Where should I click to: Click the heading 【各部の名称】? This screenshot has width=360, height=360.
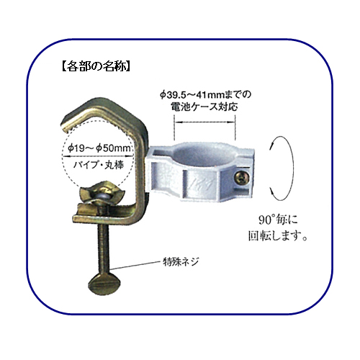coord(96,66)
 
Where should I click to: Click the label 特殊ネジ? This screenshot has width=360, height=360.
coord(181,261)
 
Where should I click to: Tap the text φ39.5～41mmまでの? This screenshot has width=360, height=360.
coord(205,94)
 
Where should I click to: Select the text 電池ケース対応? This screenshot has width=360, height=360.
coord(204,107)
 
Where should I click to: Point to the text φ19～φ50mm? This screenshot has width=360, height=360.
coord(99,148)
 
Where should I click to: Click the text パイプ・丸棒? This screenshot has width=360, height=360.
coord(99,165)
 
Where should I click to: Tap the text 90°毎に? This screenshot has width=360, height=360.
coord(278,220)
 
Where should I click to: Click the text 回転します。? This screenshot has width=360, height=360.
coord(278,235)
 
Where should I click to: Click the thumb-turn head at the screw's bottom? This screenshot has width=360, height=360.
coord(104,285)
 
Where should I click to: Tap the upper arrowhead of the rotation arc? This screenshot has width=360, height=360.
coord(272,145)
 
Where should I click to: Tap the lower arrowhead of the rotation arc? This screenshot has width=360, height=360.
coord(273,192)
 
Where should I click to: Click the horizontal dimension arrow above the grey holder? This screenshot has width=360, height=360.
coord(204,122)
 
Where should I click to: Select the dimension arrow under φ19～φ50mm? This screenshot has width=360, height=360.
coord(98,156)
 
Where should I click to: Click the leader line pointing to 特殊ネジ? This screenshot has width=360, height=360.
coord(137,265)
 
